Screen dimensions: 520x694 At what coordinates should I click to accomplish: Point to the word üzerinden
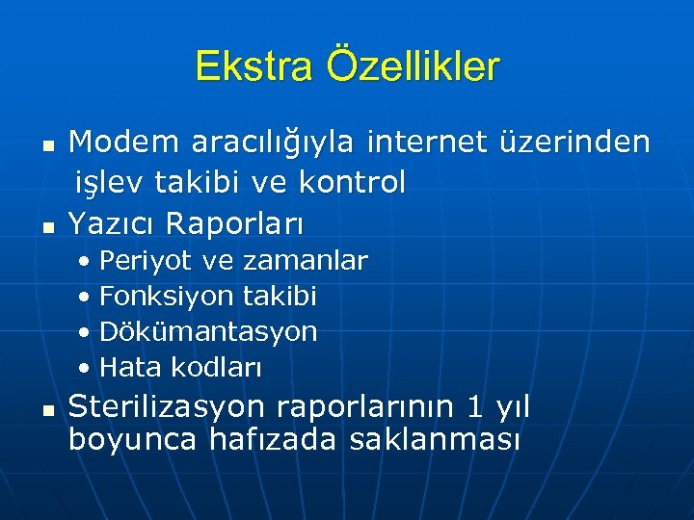tap(575, 143)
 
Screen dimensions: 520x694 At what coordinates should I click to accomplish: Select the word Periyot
tap(145, 261)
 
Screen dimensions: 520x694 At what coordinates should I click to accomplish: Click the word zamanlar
tap(306, 261)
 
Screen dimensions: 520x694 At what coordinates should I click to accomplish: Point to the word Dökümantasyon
tap(208, 332)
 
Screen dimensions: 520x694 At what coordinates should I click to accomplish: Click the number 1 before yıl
tap(473, 407)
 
